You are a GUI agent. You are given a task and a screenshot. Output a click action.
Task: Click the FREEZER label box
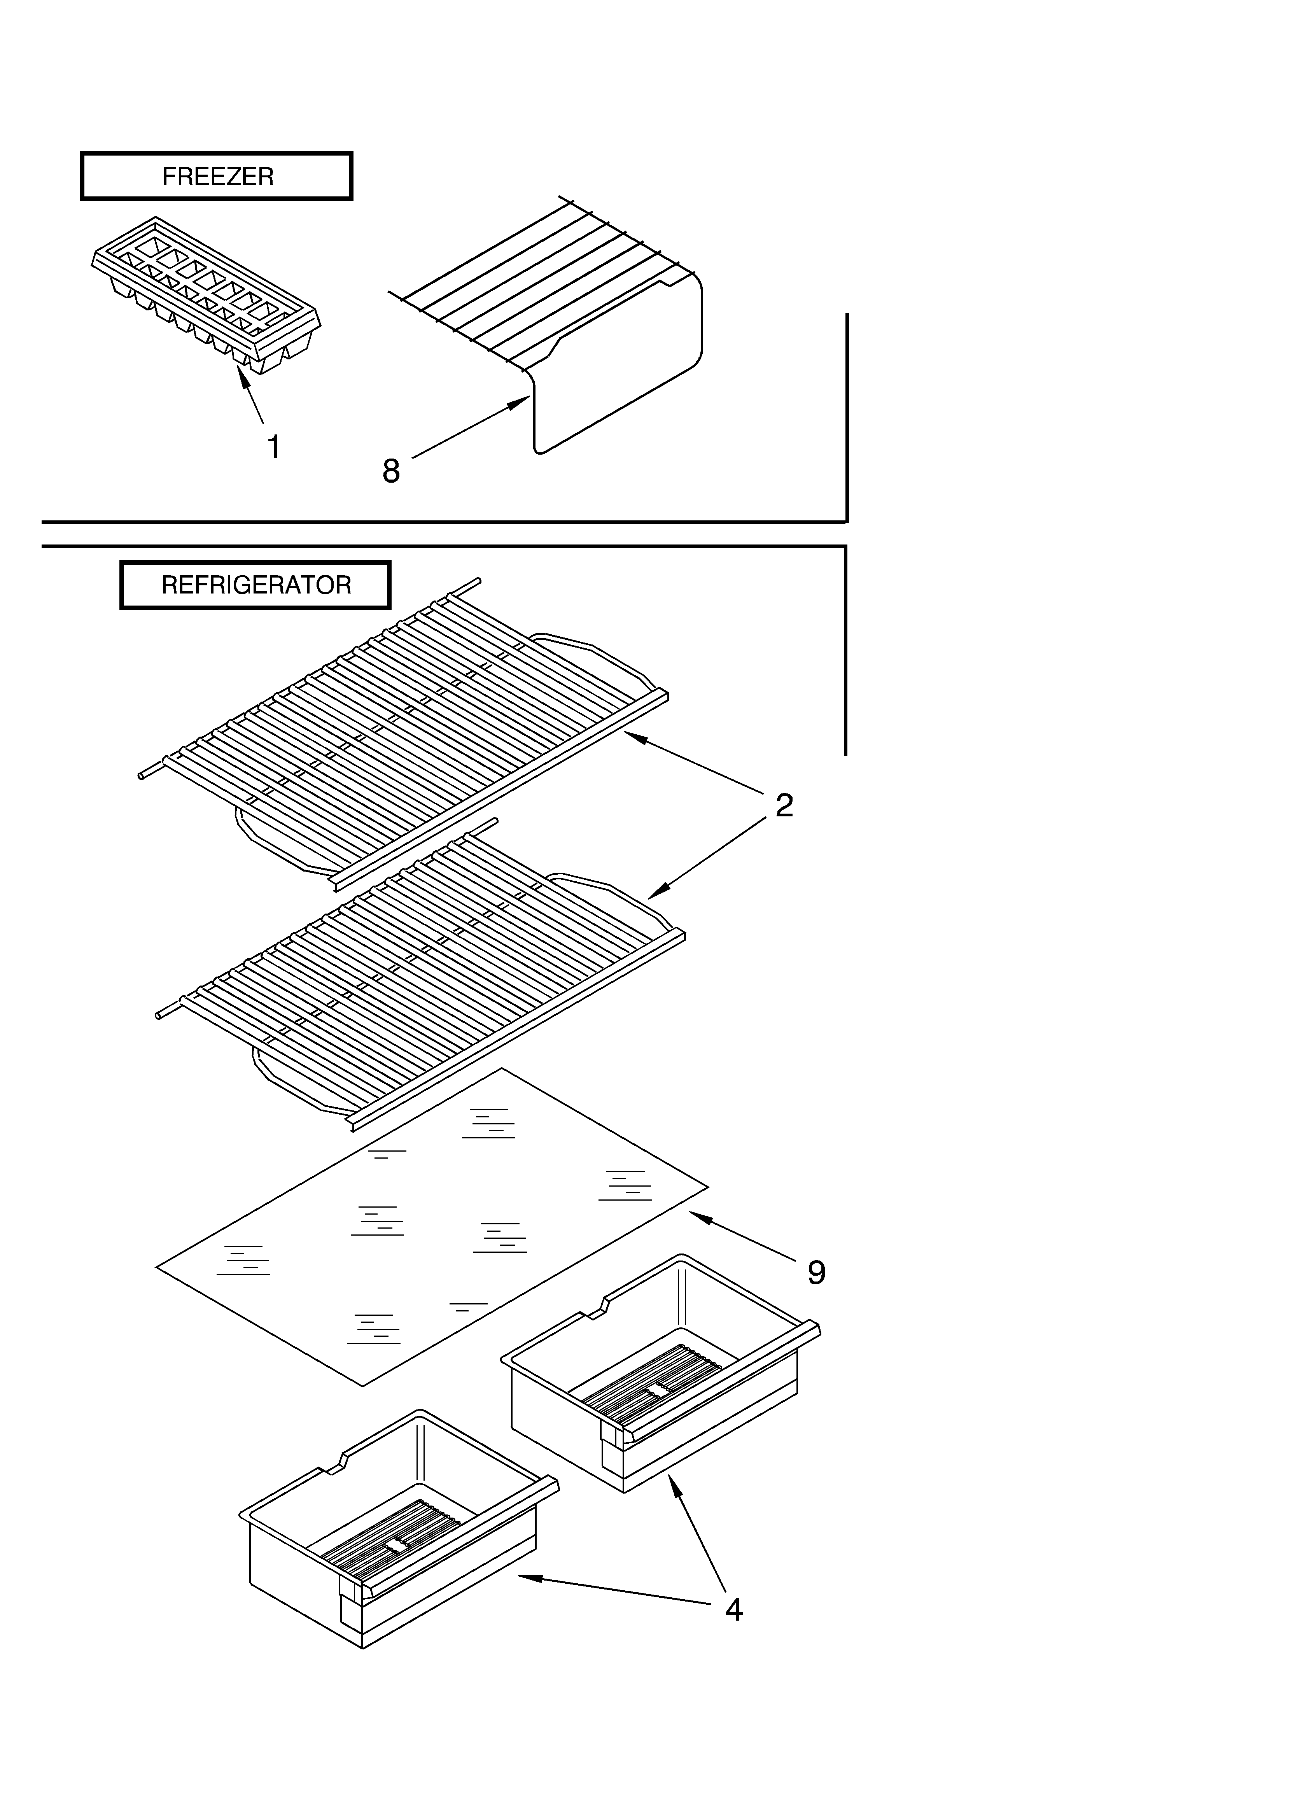pyautogui.click(x=217, y=176)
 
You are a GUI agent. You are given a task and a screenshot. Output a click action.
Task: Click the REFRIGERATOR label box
pyautogui.click(x=255, y=585)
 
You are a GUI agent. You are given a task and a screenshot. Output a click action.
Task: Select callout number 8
pyautogui.click(x=391, y=471)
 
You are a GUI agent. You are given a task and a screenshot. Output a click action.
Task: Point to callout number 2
pyautogui.click(x=784, y=805)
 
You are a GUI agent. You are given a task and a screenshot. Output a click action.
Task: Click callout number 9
pyautogui.click(x=816, y=1273)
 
